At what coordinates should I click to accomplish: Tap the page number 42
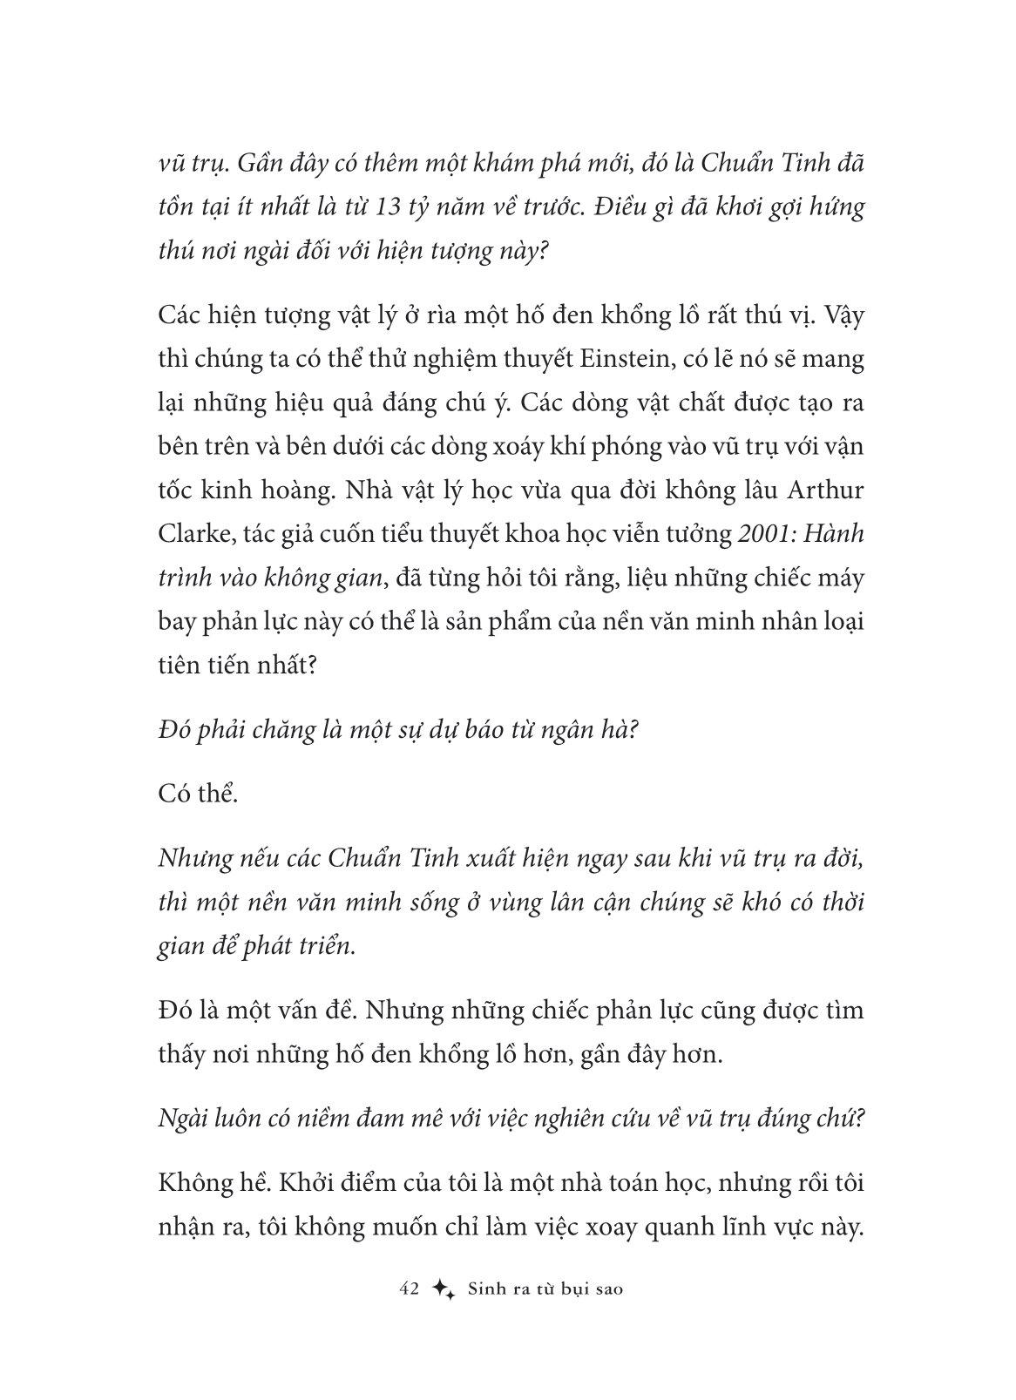410,1288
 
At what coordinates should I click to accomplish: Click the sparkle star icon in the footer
444,1289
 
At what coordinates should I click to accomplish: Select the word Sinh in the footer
486,1288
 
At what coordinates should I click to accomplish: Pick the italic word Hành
836,534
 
